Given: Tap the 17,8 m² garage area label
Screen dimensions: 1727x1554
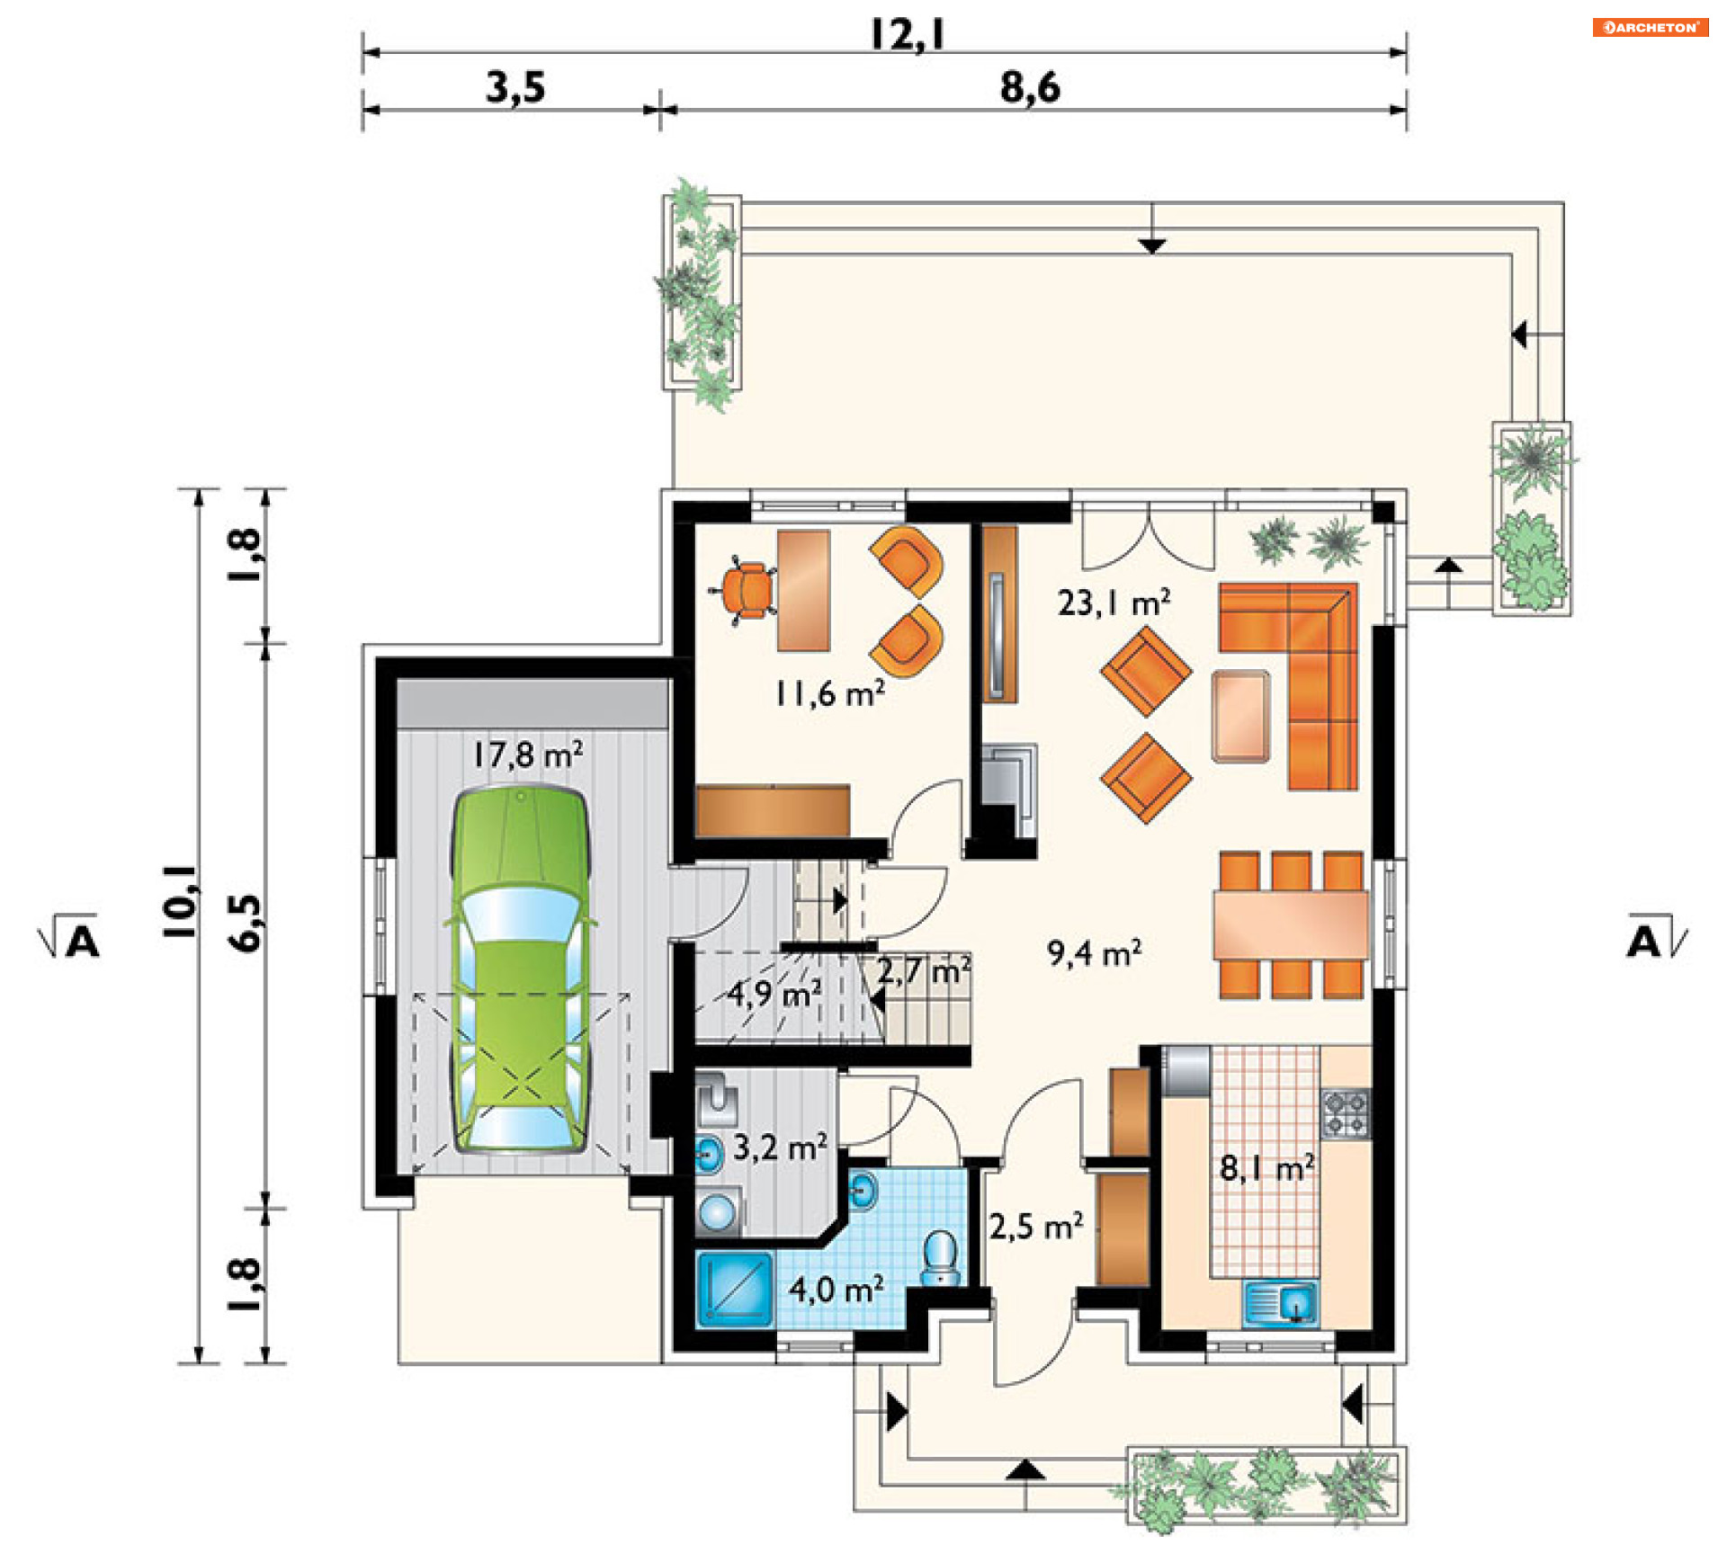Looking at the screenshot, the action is (x=528, y=754).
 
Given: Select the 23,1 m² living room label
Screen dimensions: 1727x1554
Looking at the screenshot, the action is (x=1114, y=602).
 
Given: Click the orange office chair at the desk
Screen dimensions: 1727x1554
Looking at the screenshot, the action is (x=747, y=591).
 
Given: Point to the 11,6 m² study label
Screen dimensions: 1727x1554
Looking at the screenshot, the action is (x=829, y=693).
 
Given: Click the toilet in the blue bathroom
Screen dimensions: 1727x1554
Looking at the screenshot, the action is (x=941, y=1258).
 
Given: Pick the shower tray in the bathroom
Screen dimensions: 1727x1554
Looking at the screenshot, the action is (x=735, y=1290).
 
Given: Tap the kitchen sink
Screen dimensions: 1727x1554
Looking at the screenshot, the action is (x=1281, y=1303).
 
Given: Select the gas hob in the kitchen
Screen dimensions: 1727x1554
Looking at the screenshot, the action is (x=1346, y=1114).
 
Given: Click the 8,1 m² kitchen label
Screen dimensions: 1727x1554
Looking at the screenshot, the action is (x=1266, y=1168).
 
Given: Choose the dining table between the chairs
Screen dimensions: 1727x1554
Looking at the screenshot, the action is (x=1291, y=924).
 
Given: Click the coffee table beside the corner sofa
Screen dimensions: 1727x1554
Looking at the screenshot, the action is (x=1240, y=716).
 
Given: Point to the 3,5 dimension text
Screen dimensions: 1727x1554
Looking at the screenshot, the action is (x=515, y=88).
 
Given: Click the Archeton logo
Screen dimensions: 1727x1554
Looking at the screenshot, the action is (x=1651, y=27).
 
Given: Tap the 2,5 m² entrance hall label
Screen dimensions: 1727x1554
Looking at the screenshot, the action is (x=1036, y=1226).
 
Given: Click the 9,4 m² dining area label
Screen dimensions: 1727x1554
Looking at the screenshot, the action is (x=1094, y=952).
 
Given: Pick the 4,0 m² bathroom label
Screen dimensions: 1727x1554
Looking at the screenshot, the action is (x=836, y=1290).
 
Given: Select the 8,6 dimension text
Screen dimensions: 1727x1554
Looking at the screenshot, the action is (x=1030, y=88).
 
